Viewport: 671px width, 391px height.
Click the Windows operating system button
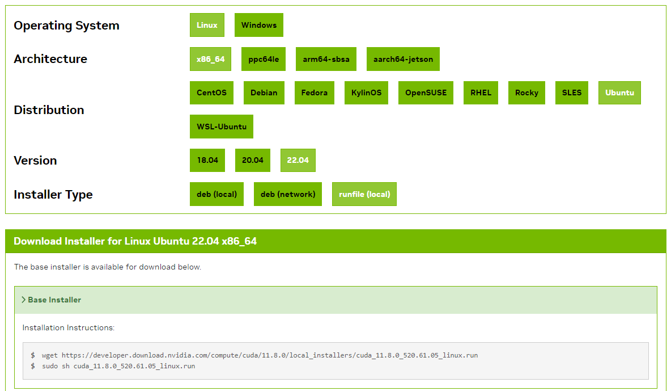point(259,25)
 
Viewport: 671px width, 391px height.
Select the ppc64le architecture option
point(264,59)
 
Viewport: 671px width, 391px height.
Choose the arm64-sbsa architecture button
point(326,59)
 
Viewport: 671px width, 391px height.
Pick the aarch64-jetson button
point(403,59)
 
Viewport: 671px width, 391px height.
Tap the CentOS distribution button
point(211,93)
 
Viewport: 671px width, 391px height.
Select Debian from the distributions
point(264,93)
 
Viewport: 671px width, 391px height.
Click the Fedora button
point(315,93)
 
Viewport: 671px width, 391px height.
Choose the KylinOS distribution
point(366,93)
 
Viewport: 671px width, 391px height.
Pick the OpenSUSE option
point(426,93)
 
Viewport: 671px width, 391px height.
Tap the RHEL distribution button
point(481,93)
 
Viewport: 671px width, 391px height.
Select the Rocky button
point(526,93)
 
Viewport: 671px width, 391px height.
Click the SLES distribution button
point(572,93)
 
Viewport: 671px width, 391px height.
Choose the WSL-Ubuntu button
point(222,127)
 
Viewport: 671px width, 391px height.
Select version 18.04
point(207,160)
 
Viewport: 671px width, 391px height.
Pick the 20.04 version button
point(253,160)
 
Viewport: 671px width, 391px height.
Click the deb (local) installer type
point(216,194)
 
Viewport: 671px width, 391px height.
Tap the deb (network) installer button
point(288,194)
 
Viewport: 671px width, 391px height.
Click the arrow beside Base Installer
point(23,300)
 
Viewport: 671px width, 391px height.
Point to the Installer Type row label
point(53,195)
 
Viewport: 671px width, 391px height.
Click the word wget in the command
point(50,355)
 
